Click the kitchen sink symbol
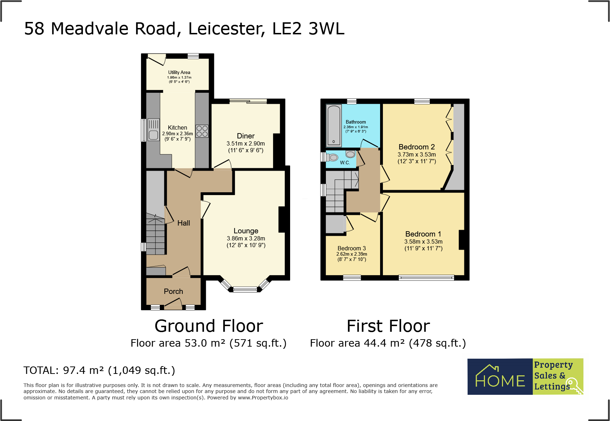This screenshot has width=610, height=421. click(x=153, y=130)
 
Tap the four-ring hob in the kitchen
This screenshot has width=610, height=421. click(x=202, y=131)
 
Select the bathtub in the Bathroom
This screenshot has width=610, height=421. click(x=334, y=125)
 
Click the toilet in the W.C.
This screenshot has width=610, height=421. click(x=332, y=157)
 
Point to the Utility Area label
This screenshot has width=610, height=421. click(x=179, y=72)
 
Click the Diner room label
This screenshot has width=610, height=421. click(x=245, y=136)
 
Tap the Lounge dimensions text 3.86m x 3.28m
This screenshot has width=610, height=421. click(x=246, y=238)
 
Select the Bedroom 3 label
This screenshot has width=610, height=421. click(x=351, y=248)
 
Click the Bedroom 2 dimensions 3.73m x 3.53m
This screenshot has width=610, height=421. click(x=417, y=154)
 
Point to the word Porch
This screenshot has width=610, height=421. click(x=173, y=291)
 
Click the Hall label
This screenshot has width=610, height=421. click(x=183, y=223)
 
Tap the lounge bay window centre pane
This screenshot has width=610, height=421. click(x=245, y=290)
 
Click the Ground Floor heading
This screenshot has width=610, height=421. click(x=209, y=326)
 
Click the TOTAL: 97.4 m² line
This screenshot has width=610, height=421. click(x=99, y=370)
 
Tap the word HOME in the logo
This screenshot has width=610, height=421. click(x=500, y=381)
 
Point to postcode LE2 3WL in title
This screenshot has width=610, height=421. click(x=308, y=29)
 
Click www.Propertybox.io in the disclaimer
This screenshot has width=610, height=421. click(x=263, y=398)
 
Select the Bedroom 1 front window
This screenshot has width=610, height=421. click(x=426, y=278)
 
